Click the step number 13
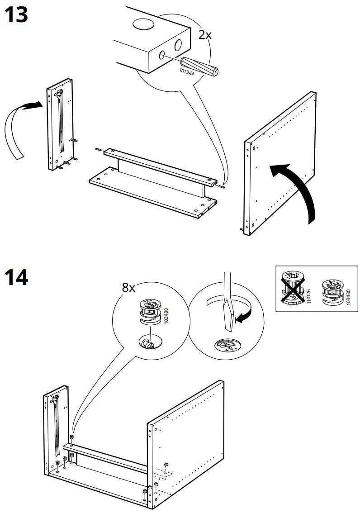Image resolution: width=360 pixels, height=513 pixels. tap(16, 15)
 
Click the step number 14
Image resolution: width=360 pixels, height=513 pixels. tap(16, 277)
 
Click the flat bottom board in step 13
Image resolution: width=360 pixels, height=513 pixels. tap(149, 190)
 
